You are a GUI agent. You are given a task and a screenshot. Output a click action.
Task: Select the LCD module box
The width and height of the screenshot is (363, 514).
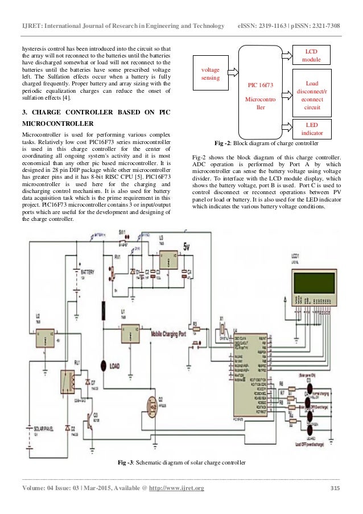click(x=311, y=55)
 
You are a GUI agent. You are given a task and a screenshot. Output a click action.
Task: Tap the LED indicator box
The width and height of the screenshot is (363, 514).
click(x=311, y=128)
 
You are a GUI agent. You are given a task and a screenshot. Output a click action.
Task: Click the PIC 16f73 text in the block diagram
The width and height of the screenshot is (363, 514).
click(x=259, y=85)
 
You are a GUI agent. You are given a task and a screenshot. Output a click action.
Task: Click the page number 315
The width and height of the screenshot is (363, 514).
click(x=335, y=490)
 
